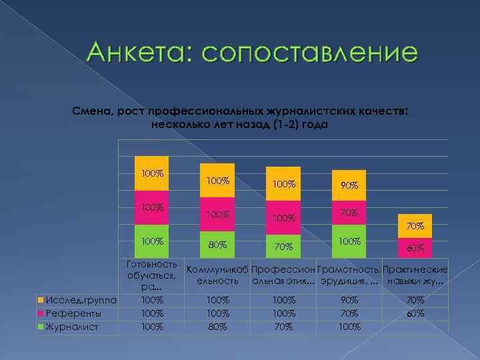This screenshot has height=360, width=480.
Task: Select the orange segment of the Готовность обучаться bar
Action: coord(151,173)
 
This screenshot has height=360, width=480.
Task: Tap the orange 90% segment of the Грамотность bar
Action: coord(348,185)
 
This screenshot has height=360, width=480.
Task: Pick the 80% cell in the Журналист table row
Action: coord(217,327)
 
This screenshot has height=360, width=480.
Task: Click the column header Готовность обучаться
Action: coord(151,275)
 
